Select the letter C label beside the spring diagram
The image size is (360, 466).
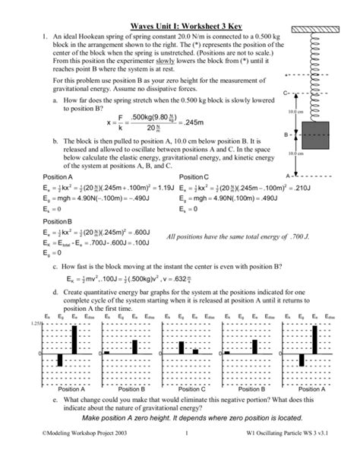pos(284,93)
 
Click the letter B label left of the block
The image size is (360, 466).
pos(285,134)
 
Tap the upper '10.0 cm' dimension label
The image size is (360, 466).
pos(297,113)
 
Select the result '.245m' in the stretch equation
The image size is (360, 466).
pos(196,122)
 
